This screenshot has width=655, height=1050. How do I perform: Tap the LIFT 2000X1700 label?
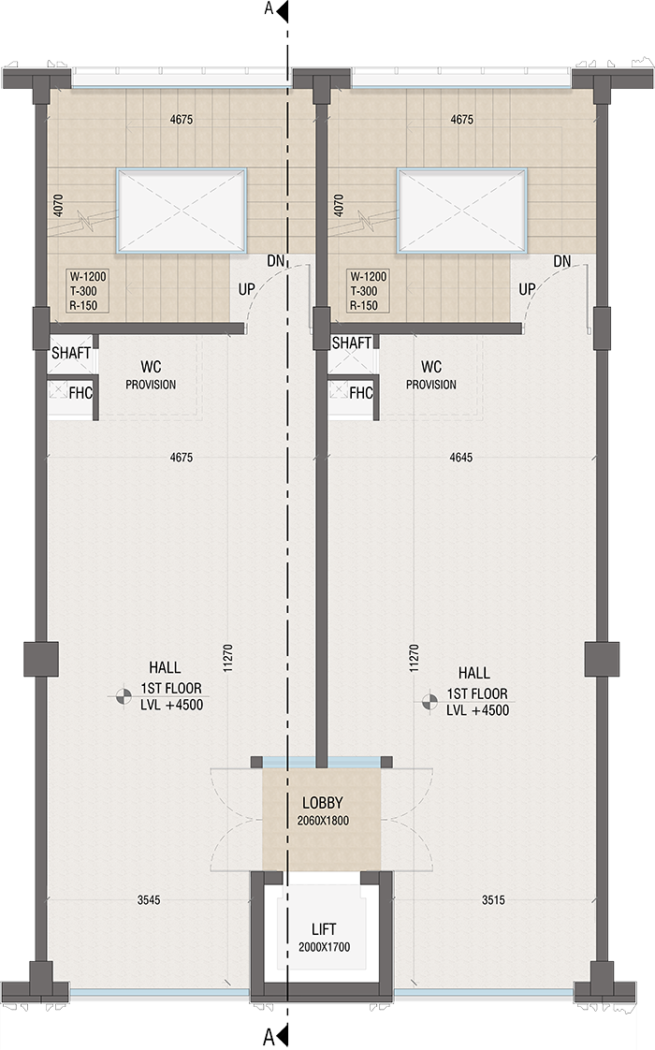click(323, 938)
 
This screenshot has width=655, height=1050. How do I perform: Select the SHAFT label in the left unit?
click(71, 353)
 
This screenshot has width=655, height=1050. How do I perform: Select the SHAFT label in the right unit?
click(352, 343)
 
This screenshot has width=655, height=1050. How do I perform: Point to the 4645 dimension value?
click(461, 458)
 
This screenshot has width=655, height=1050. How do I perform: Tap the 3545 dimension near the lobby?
click(149, 900)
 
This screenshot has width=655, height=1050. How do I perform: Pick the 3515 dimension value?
click(494, 900)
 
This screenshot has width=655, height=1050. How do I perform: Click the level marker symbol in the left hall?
click(123, 694)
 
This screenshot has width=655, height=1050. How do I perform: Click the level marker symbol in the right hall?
click(429, 700)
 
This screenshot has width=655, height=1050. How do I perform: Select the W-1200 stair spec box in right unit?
click(367, 291)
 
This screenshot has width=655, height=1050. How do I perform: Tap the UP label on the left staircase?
click(247, 289)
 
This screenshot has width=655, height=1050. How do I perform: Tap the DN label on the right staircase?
click(562, 261)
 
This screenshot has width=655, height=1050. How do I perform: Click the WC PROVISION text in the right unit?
click(431, 375)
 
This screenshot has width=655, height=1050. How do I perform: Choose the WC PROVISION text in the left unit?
click(151, 375)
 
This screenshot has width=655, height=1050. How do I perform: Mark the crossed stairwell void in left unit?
click(182, 211)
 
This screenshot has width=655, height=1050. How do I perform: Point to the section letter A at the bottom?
click(269, 1036)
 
